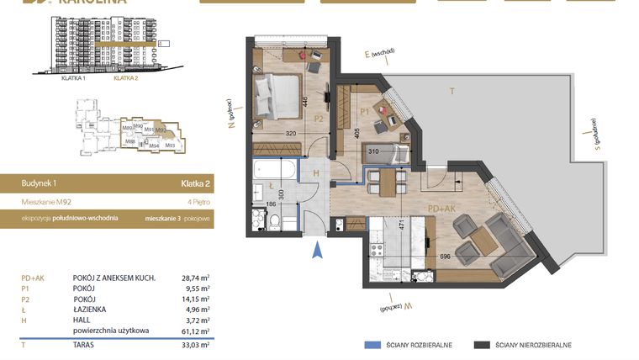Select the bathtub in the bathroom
(273, 171)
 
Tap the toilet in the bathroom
(275, 222)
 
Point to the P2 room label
(319, 119)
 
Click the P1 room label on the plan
(365, 109)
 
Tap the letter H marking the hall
(315, 172)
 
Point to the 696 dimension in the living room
(445, 255)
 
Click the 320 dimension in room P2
(291, 133)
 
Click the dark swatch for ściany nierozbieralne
(482, 345)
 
